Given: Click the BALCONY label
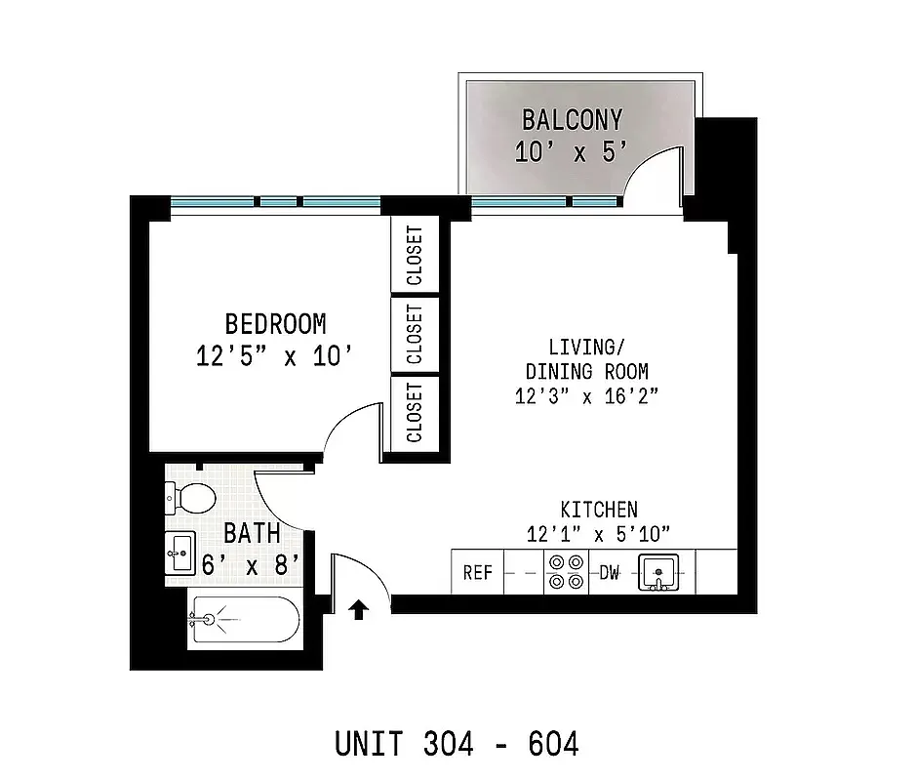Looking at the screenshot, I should click(x=572, y=120).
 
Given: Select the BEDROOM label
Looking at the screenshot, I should click(x=275, y=323).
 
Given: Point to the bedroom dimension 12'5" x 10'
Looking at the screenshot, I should click(x=272, y=356).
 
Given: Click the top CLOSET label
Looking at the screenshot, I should click(x=415, y=256).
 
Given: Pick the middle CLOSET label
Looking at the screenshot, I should click(x=415, y=334).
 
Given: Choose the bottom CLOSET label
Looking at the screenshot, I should click(x=415, y=412).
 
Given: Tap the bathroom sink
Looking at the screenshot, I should click(x=180, y=554).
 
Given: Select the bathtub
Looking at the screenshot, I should click(x=244, y=619).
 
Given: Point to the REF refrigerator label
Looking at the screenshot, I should click(x=477, y=573).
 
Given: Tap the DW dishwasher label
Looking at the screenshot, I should click(x=610, y=573).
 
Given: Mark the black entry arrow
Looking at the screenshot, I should click(x=358, y=609).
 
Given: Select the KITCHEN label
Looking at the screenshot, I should click(x=599, y=510).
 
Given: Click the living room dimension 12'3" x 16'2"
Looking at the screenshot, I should click(x=586, y=395).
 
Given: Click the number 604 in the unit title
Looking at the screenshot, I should click(x=553, y=744).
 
